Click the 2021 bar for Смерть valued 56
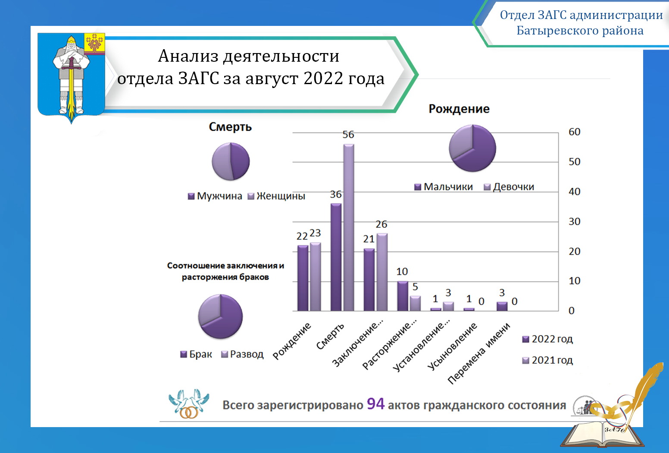pyautogui.click(x=349, y=227)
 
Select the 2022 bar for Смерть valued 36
pyautogui.click(x=336, y=257)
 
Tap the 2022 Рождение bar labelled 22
pyautogui.click(x=303, y=278)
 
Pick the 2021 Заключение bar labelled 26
pyautogui.click(x=382, y=272)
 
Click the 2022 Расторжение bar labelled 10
pyautogui.click(x=403, y=296)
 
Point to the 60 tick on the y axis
pyautogui.click(x=574, y=132)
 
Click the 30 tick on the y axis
pyautogui.click(x=574, y=222)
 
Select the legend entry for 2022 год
pyautogui.click(x=547, y=339)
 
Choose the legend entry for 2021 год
pyautogui.click(x=547, y=360)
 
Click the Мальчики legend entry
pyautogui.click(x=444, y=187)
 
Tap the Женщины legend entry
pyautogui.click(x=277, y=196)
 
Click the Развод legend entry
pyautogui.click(x=242, y=354)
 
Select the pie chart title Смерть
pyautogui.click(x=230, y=127)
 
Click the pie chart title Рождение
pyautogui.click(x=459, y=109)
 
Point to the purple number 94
pyautogui.click(x=375, y=404)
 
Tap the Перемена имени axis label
pyautogui.click(x=479, y=353)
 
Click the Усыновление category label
pyautogui.click(x=452, y=346)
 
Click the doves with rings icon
pyautogui.click(x=189, y=403)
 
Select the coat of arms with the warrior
pyautogui.click(x=72, y=78)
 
